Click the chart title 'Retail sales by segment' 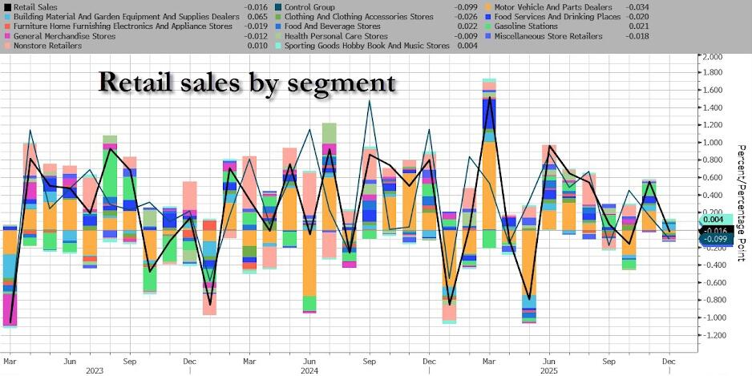pos(246,83)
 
